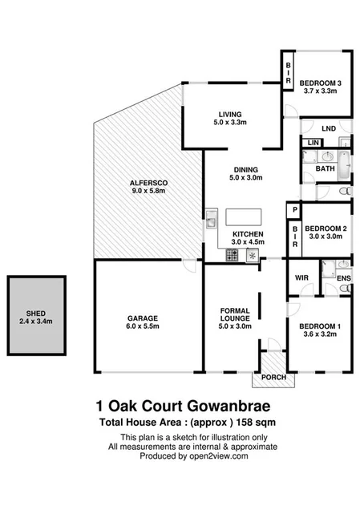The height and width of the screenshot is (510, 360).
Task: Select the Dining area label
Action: pos(245,173)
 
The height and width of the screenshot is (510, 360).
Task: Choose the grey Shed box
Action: pos(34,315)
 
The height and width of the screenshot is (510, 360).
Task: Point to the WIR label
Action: pos(301,278)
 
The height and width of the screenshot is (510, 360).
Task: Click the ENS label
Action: pos(343,279)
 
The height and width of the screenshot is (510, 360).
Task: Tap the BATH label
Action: pos(324,169)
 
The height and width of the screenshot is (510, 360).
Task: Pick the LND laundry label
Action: pos(328,128)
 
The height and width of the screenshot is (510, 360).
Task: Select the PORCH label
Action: pos(266,377)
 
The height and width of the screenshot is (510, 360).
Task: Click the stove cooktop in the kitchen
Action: pos(232,256)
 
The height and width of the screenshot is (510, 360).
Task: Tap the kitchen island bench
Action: pos(245,217)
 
